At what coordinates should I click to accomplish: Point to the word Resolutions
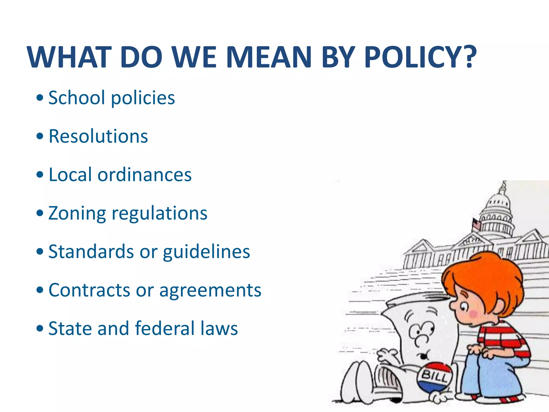[98, 136]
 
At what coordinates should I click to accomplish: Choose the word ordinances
[144, 175]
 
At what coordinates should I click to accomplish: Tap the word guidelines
[206, 252]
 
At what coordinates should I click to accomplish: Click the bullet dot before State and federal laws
[40, 328]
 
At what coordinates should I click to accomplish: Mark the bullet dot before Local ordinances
[40, 175]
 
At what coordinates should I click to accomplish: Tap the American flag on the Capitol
[476, 224]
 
